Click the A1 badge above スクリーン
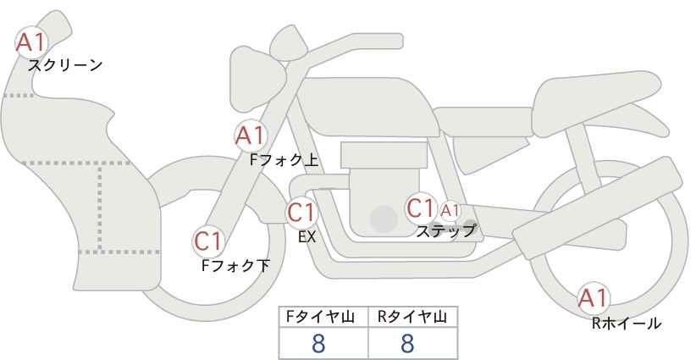pos(31,42)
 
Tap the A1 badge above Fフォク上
pos(251,136)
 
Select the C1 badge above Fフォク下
pos(208,241)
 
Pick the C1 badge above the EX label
pos(301,212)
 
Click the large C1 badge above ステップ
pos(420,208)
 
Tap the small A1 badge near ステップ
pos(450,210)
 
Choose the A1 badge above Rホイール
pos(593,298)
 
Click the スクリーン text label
pos(65,66)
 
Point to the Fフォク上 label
pos(284,160)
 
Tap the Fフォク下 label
pos(235,265)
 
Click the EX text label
pos(307,237)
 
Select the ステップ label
pos(446,231)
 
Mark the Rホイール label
pos(627,324)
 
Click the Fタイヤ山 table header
pos(320,317)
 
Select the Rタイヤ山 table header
pos(412,317)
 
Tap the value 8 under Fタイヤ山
pos(318,344)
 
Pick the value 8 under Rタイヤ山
pos(407,344)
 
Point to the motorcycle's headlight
pos(257,79)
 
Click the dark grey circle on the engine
pos(384,219)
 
